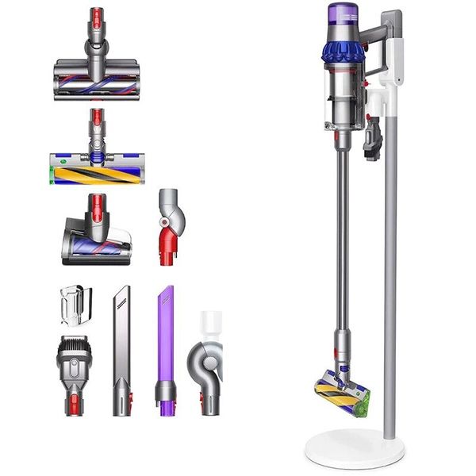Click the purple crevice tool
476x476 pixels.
166,349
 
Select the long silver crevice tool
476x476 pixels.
121,349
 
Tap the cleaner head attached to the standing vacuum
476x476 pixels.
341,392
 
